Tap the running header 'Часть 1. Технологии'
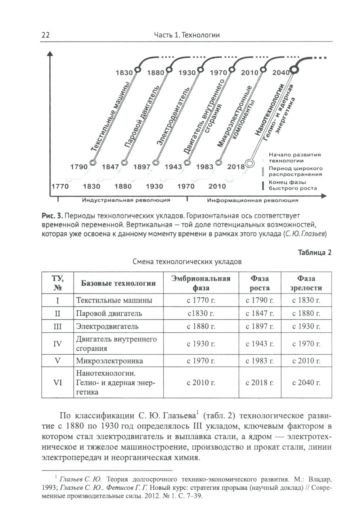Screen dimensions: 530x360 click(186, 35)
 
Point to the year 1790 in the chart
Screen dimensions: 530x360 click(79, 167)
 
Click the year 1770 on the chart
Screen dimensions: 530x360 click(60, 186)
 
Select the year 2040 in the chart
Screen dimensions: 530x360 click(281, 73)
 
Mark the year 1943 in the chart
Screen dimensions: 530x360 click(173, 167)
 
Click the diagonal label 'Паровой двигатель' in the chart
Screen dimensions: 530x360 click(141, 117)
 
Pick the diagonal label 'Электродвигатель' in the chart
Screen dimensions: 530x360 click(172, 117)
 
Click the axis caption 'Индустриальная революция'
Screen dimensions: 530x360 click(126, 200)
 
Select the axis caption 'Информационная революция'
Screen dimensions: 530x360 click(253, 200)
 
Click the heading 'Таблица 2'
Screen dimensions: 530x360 click(315, 252)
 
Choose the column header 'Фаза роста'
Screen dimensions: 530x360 click(260, 283)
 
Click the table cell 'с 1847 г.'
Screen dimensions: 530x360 click(260, 313)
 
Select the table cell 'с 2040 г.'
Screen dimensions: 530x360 click(306, 383)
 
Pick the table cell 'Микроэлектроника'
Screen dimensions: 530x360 click(109, 361)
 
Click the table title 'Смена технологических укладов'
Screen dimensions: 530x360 click(187, 262)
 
